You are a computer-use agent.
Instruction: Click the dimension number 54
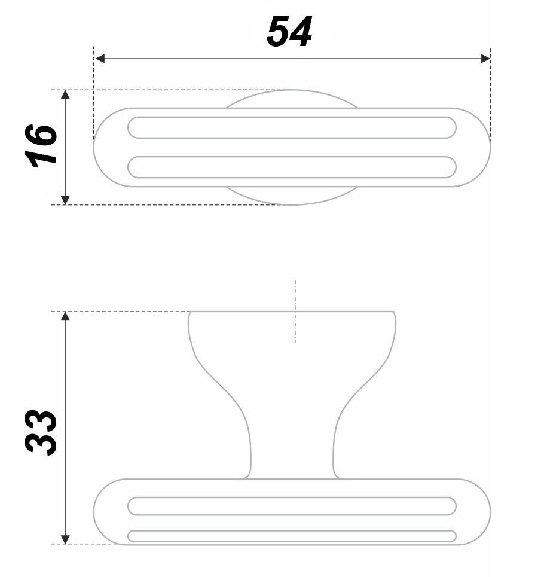tap(289, 32)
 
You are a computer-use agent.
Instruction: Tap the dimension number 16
tap(41, 145)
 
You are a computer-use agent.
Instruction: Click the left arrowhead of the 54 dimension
tap(100, 59)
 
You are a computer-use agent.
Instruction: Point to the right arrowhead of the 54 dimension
tap(485, 59)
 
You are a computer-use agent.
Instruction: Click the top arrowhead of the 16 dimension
tap(65, 94)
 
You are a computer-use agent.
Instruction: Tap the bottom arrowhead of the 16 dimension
tap(65, 200)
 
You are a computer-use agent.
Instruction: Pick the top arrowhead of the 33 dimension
tap(65, 316)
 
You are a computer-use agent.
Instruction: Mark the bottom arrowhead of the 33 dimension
tap(65, 540)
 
